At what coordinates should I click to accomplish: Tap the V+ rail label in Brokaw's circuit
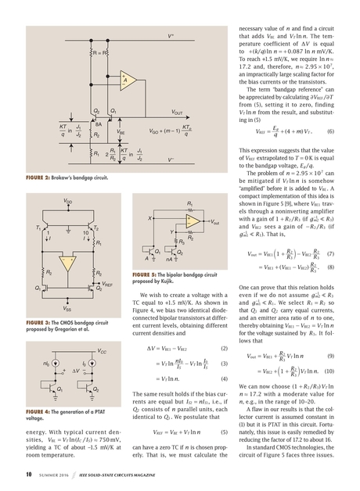pos(171,37)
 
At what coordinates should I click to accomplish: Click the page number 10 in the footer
pos(28,474)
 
